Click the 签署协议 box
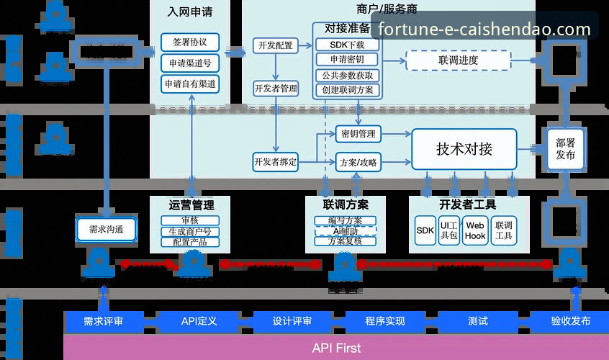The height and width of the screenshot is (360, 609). [190, 42]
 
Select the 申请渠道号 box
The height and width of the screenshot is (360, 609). [190, 63]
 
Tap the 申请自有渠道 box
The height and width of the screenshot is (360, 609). [190, 84]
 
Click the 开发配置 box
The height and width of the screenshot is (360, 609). [275, 45]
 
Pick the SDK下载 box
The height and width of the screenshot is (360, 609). [347, 45]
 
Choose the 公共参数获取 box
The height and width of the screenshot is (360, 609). [347, 75]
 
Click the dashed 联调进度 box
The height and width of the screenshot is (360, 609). [457, 60]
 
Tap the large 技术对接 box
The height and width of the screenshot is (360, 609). [464, 149]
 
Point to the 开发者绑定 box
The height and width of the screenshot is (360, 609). [275, 161]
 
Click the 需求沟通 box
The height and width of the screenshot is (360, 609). [107, 230]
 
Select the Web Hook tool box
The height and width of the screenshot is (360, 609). [475, 230]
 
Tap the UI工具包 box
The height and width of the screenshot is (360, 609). [450, 230]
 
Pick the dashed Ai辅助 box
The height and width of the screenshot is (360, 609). [346, 231]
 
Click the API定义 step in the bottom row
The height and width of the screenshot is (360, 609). [199, 321]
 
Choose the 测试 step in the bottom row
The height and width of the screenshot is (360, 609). [477, 321]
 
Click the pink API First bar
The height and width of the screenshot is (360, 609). [336, 348]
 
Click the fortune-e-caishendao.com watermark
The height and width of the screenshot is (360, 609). [484, 30]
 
